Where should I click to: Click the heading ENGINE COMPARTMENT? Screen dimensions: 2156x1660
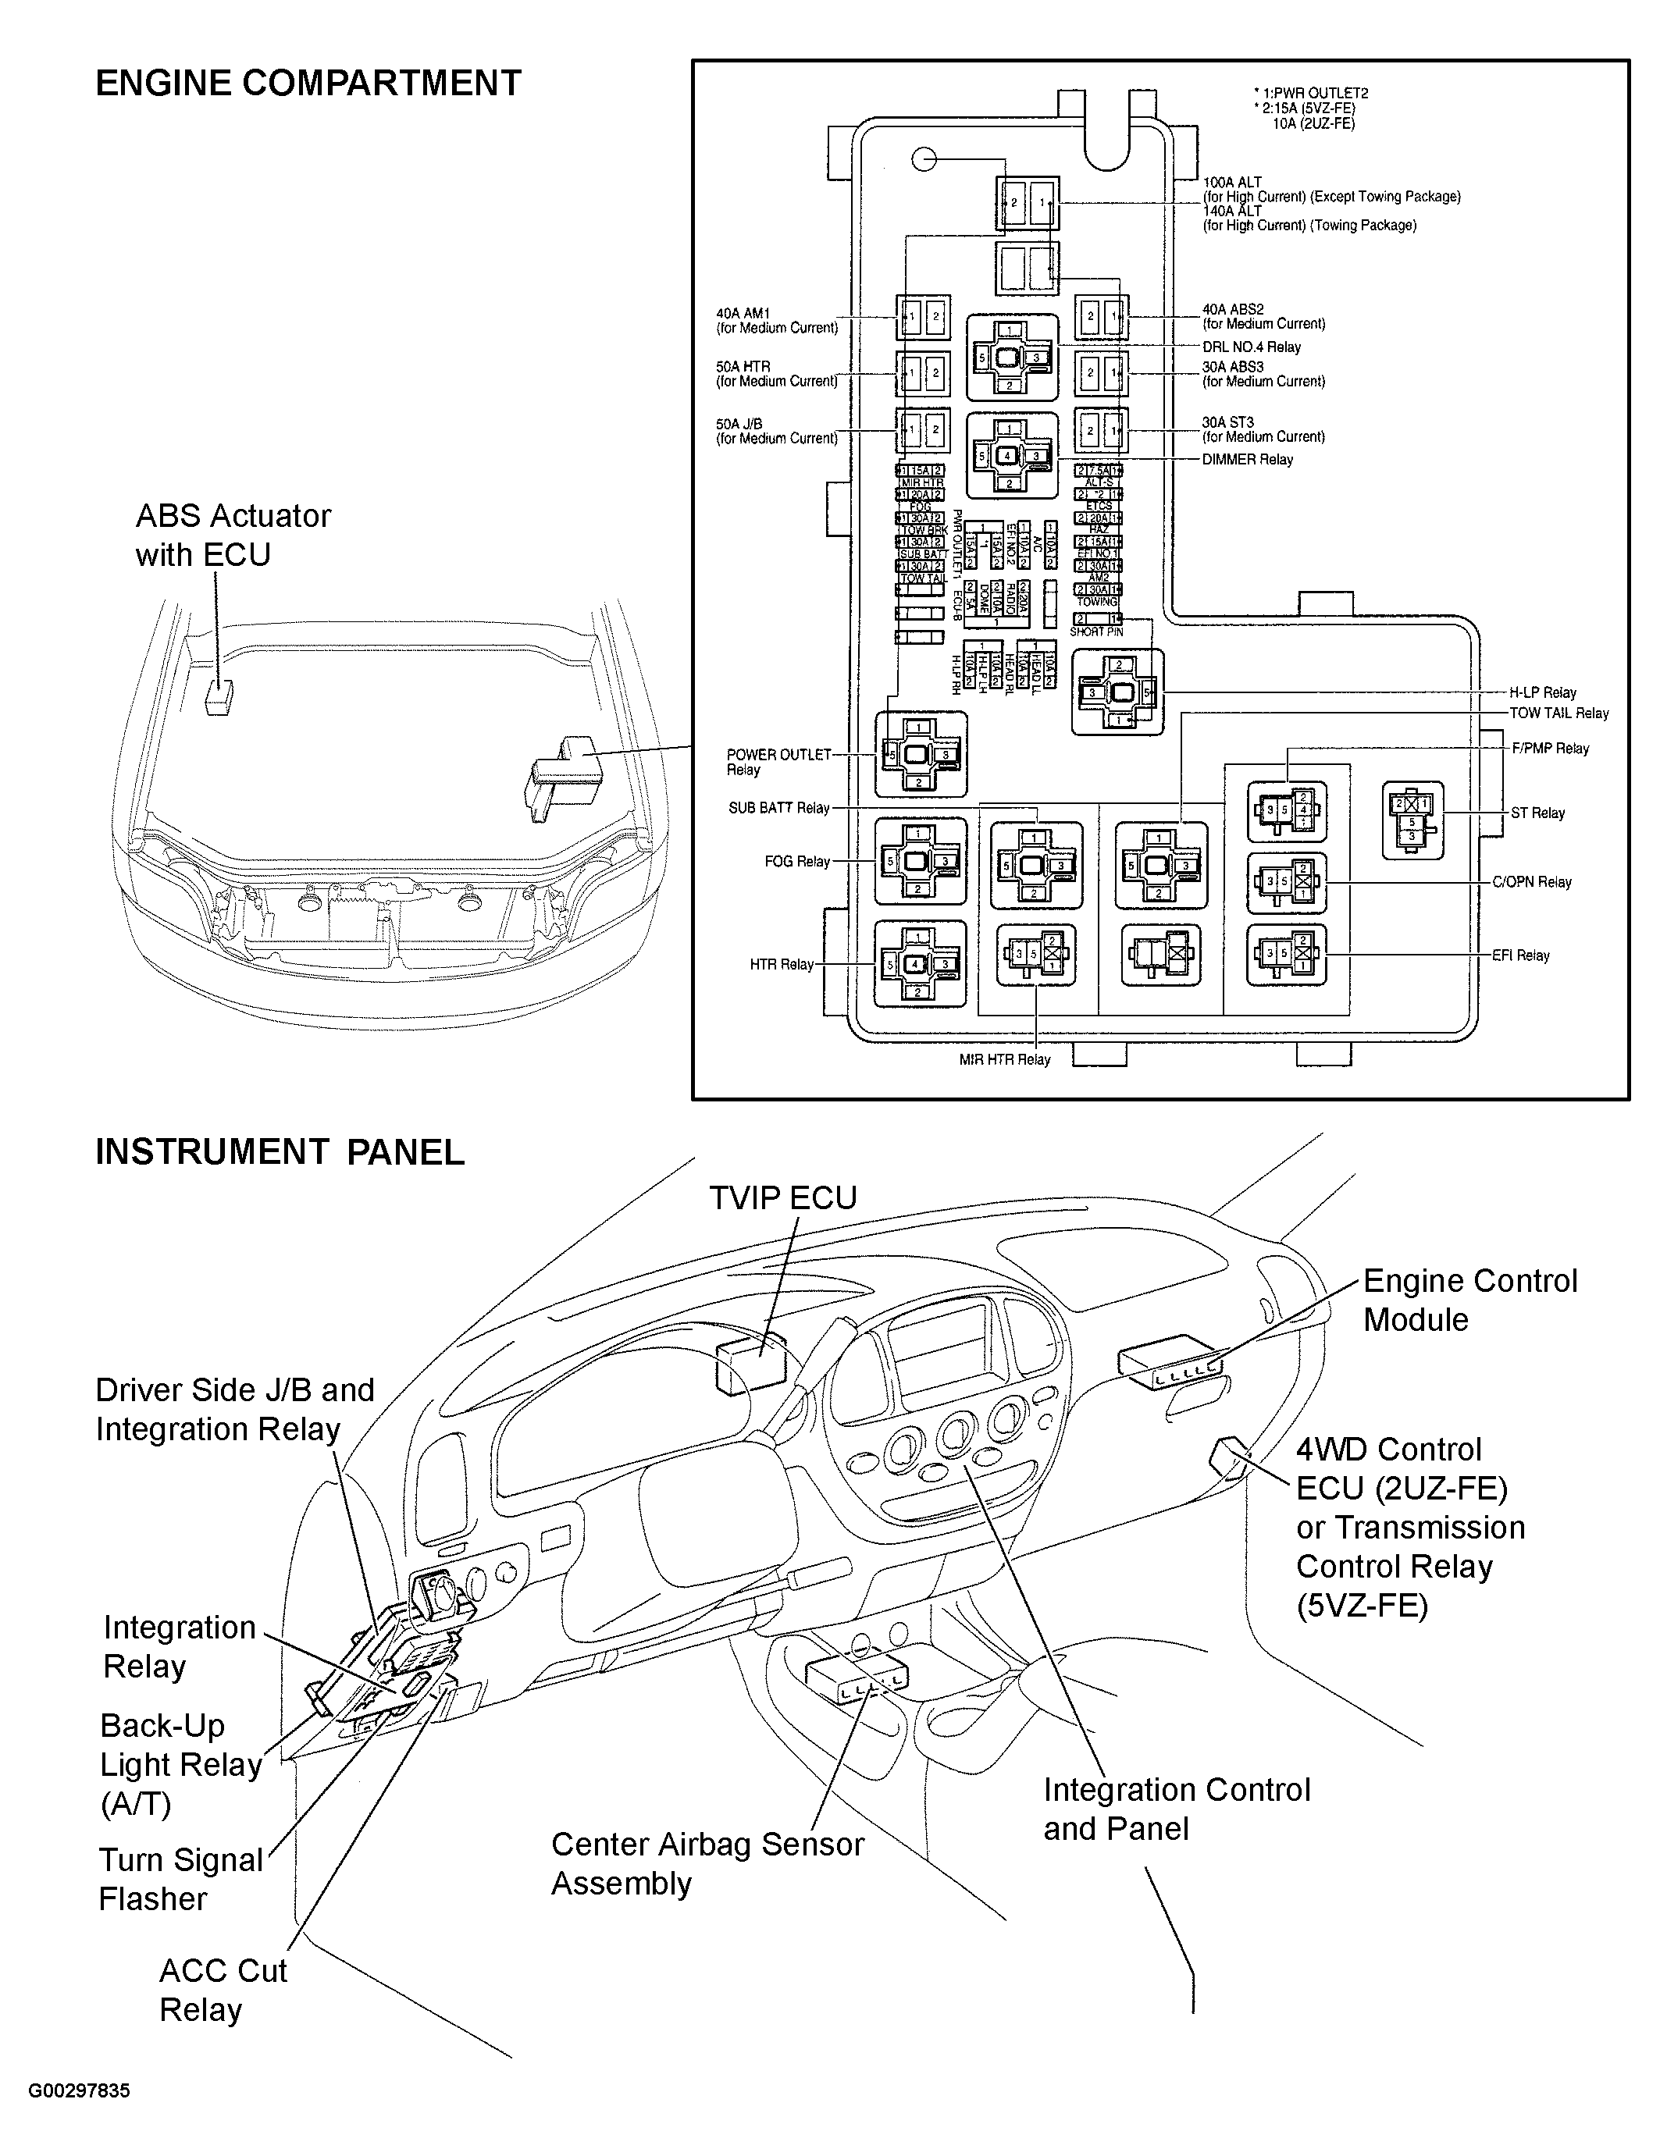[x=308, y=83]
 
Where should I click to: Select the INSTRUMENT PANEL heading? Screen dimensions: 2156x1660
[x=280, y=1152]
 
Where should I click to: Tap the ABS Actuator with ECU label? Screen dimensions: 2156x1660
[x=233, y=535]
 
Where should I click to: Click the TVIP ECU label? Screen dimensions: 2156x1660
[x=783, y=1197]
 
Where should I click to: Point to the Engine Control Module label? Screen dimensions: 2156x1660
[x=1469, y=1300]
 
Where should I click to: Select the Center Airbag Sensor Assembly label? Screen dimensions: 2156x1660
[x=707, y=1862]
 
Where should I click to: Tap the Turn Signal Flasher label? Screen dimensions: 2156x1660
[x=180, y=1879]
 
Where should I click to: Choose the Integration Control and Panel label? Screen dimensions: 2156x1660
[x=1176, y=1809]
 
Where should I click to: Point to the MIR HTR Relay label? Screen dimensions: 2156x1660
[x=1004, y=1059]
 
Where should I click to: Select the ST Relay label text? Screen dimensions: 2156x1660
[x=1537, y=813]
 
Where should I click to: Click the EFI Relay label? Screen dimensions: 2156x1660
[x=1521, y=955]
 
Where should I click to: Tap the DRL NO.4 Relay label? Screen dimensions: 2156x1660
[x=1251, y=347]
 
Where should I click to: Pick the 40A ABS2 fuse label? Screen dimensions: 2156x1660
[x=1263, y=316]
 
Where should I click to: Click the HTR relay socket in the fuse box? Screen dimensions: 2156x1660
[x=918, y=963]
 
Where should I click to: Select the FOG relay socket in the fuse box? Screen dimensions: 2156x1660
[x=919, y=861]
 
